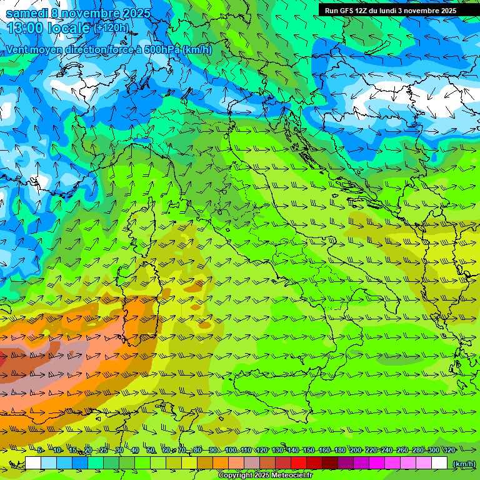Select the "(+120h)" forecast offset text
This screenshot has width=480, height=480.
[x=111, y=27]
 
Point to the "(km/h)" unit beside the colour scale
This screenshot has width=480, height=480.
[x=463, y=464]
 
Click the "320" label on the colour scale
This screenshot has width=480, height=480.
[x=449, y=451]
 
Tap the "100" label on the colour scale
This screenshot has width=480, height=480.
[x=231, y=451]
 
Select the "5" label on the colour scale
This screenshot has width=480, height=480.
[x=39, y=451]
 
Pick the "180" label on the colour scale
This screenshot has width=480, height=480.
[x=339, y=451]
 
